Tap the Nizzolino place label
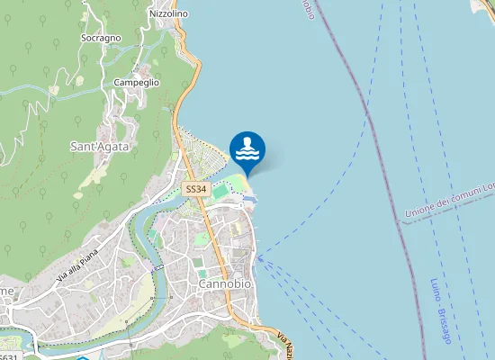168,14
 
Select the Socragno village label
101,39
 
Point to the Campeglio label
137,82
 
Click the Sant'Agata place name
100,146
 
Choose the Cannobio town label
224,284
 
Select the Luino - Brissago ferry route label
440,310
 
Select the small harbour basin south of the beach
251,198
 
